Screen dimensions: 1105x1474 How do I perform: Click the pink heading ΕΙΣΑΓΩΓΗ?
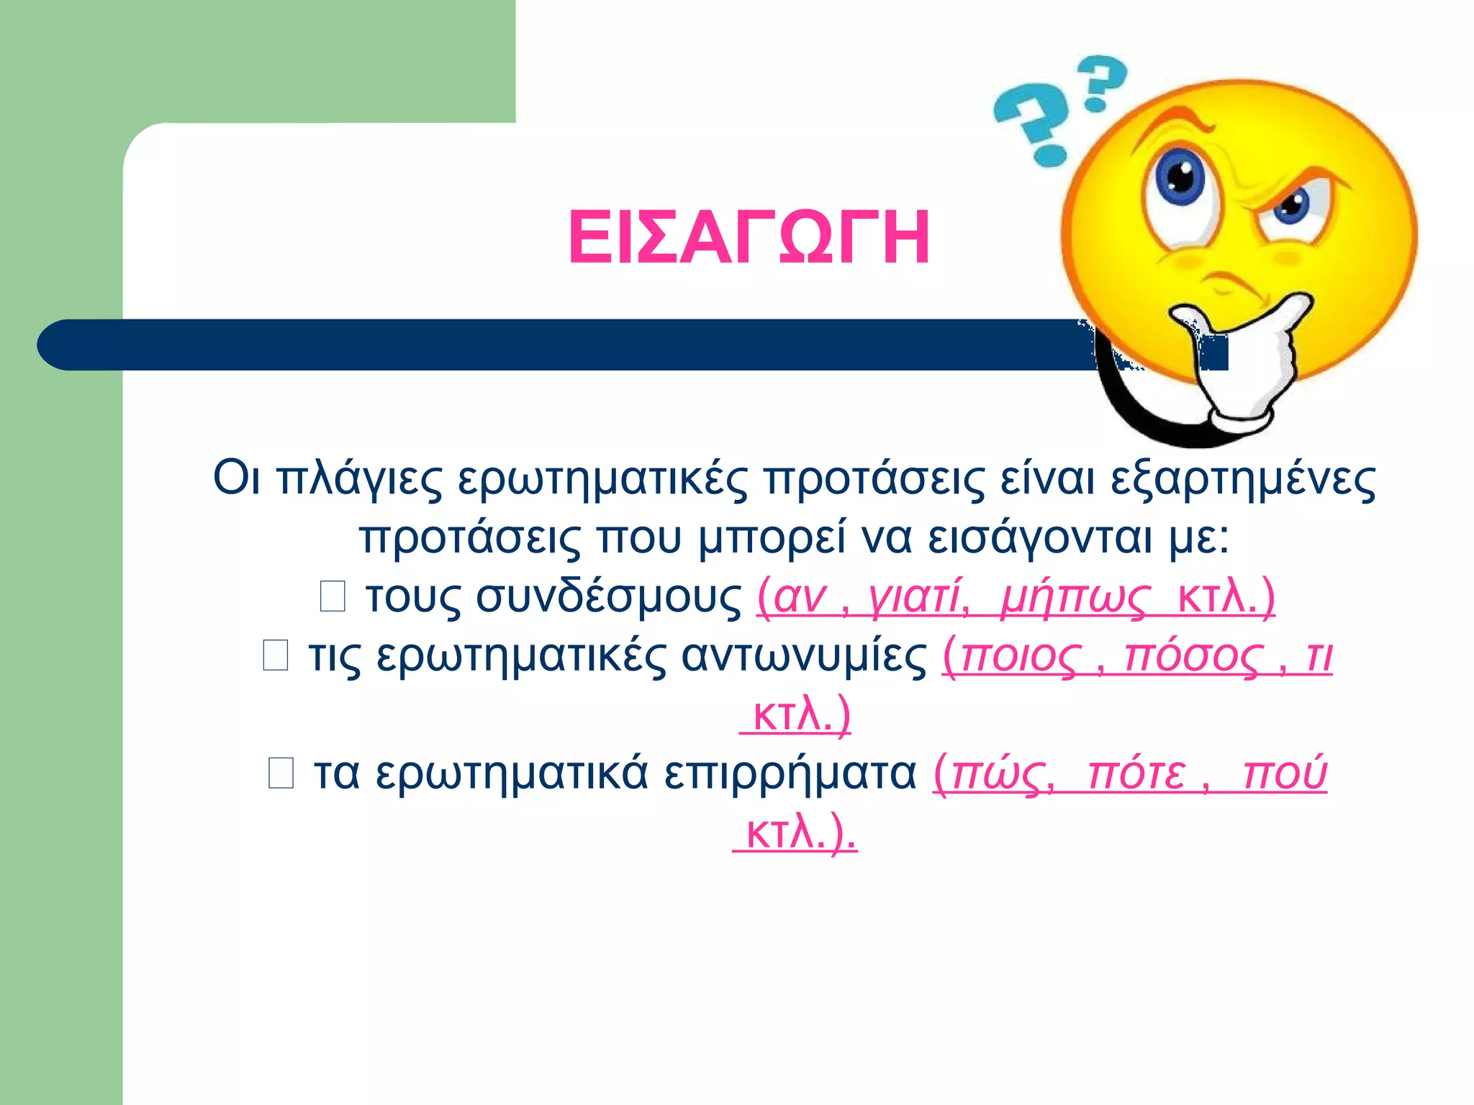[749, 238]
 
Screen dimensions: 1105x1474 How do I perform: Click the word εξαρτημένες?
[1243, 478]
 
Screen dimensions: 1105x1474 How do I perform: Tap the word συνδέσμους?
[608, 596]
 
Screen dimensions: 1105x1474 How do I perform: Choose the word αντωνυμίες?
[804, 655]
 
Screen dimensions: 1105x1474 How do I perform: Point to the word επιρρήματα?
[790, 773]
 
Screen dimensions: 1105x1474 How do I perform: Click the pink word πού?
[1285, 773]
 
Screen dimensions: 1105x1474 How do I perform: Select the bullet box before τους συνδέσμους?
[333, 596]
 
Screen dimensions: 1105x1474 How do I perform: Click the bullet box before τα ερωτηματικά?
[281, 773]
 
